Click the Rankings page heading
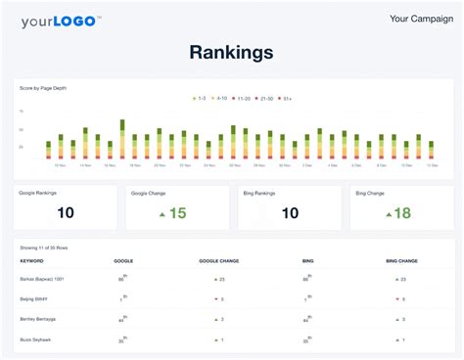coord(231,52)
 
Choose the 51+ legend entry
coord(287,99)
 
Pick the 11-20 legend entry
coord(244,99)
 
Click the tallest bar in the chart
coord(122,138)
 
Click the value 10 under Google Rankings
coord(66,213)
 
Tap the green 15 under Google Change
coord(176,213)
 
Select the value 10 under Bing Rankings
coord(290,213)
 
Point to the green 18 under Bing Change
coord(401,213)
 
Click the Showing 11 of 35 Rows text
coord(42,248)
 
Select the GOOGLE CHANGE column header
coord(218,261)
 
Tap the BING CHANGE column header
coord(400,261)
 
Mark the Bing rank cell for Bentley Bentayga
coord(307,319)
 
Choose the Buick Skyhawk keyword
coord(35,339)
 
